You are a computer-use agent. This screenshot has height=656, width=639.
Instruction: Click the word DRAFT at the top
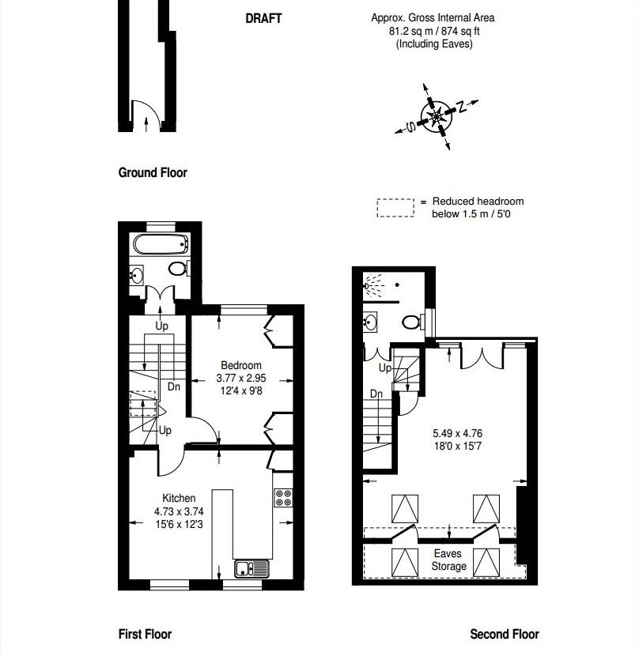263,19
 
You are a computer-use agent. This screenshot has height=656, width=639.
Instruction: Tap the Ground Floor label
153,172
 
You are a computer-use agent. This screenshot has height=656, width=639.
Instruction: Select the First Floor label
145,633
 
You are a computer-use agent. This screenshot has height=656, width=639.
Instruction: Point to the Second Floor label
505,633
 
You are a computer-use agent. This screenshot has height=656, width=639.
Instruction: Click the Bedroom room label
241,365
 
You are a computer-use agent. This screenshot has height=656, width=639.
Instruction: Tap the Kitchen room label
179,498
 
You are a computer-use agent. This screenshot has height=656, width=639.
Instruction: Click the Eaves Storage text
449,560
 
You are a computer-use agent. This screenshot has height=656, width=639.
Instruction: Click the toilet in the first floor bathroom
179,269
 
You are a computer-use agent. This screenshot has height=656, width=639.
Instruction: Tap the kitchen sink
251,567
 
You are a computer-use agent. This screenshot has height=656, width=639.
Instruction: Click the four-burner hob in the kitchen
283,498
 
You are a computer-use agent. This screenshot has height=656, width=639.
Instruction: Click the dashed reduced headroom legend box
395,207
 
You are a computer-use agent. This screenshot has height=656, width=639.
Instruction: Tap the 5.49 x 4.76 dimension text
457,433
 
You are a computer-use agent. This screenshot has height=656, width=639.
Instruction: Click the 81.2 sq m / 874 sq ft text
433,31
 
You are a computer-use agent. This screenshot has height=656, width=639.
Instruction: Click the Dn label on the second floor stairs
376,394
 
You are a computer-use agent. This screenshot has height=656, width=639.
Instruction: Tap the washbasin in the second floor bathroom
372,321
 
